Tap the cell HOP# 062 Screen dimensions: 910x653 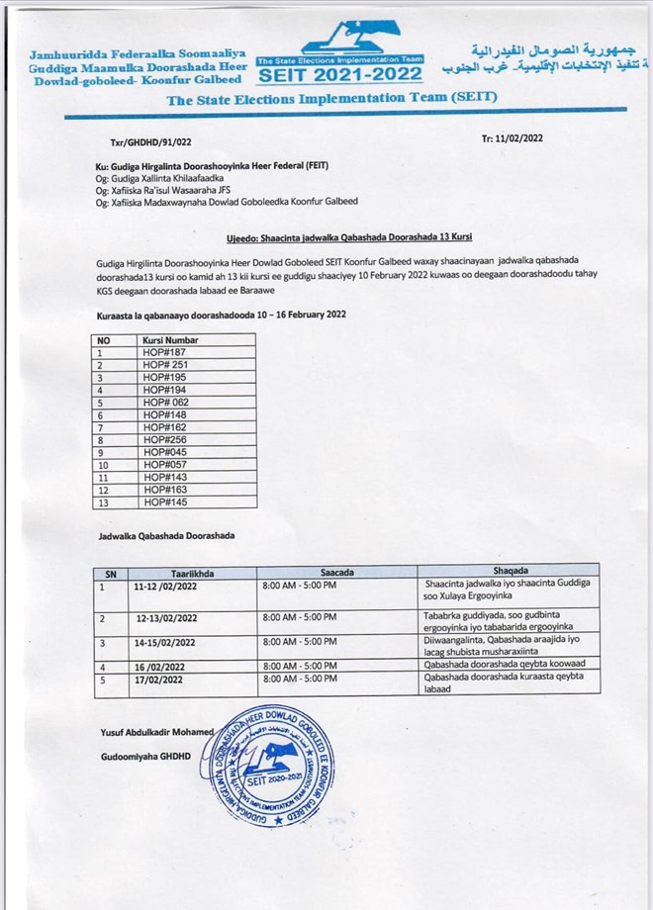click(165, 402)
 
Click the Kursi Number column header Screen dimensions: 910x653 click(170, 340)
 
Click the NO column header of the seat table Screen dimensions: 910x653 click(104, 340)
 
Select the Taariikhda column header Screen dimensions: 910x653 click(192, 572)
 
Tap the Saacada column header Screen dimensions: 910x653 click(336, 572)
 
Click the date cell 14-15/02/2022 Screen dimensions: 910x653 click(164, 642)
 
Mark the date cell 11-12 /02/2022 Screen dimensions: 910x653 click(166, 586)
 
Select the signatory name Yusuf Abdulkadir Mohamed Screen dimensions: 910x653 click(157, 732)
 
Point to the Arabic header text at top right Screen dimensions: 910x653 click(545, 59)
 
